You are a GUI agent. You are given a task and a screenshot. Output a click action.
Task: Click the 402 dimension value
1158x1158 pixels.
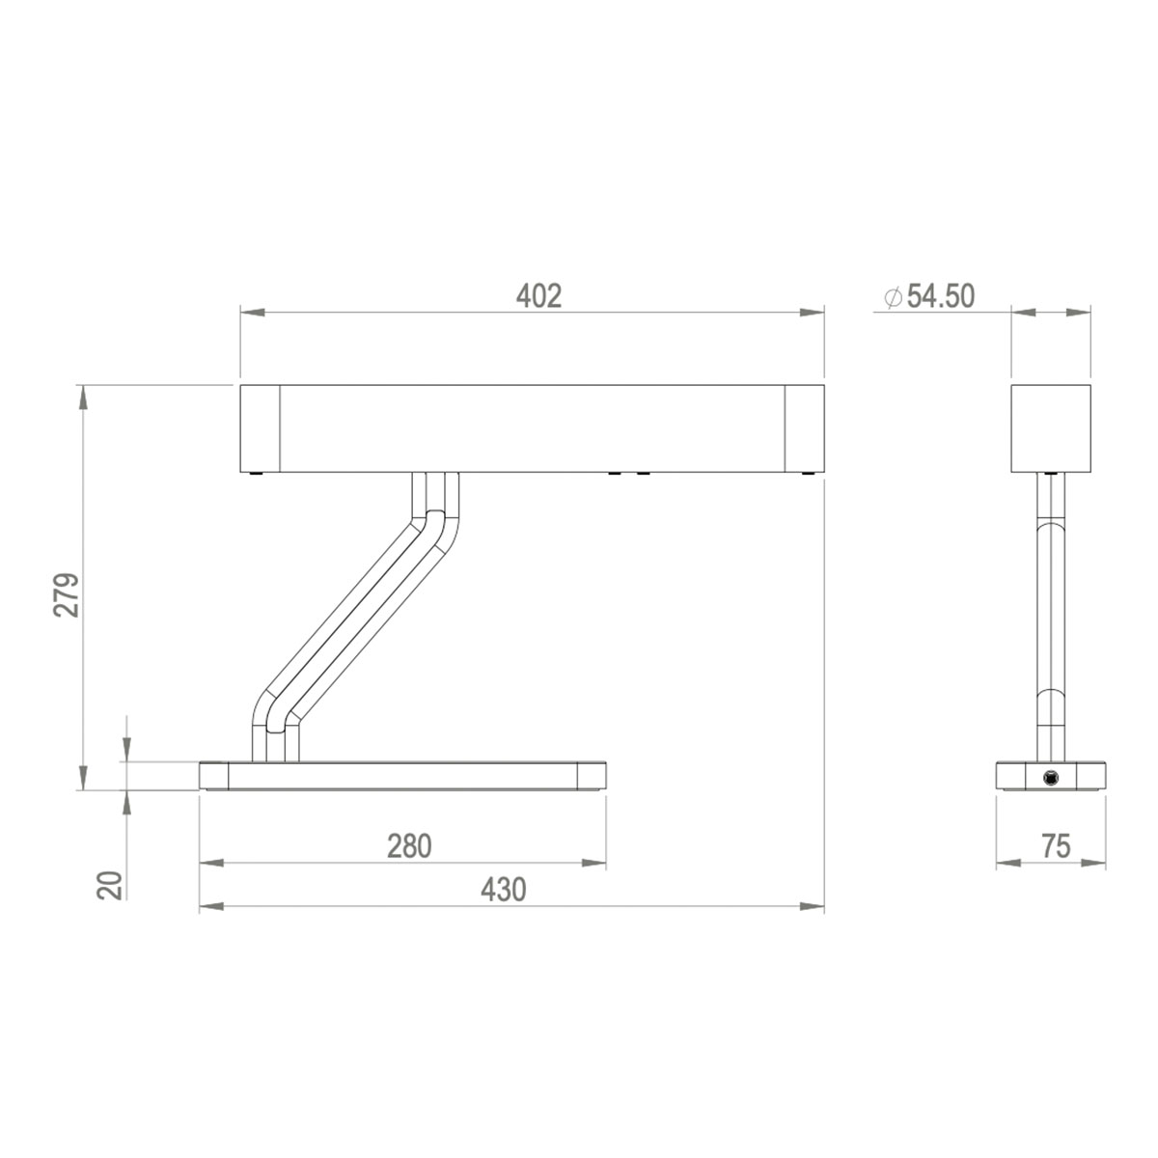[538, 295]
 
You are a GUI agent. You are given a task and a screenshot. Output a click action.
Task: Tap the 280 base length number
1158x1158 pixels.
[409, 846]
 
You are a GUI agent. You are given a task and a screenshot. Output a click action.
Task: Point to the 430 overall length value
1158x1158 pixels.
[504, 890]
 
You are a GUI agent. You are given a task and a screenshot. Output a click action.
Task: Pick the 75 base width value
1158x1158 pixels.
[1056, 846]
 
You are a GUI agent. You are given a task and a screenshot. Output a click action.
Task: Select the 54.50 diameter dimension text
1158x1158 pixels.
[940, 296]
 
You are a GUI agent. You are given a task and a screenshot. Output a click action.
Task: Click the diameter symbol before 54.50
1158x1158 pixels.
[893, 297]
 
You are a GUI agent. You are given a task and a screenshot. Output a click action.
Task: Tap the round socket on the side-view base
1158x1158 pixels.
[1049, 777]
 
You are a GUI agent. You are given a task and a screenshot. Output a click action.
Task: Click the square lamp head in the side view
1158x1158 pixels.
[1050, 428]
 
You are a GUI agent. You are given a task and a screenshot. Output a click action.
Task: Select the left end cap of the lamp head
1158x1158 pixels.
[260, 428]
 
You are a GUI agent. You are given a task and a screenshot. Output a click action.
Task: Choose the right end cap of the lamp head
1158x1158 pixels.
[804, 428]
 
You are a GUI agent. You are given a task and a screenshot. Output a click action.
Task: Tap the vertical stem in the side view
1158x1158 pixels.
[1050, 618]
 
